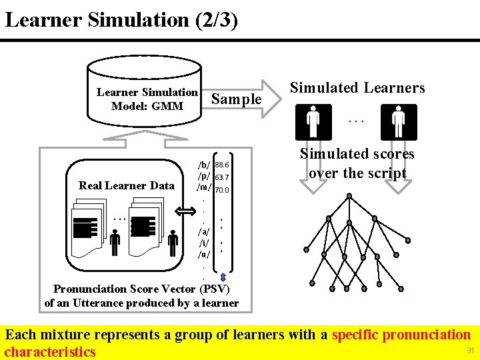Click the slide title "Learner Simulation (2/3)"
[x=121, y=19]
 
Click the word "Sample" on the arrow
[x=236, y=99]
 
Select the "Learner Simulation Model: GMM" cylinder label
[x=147, y=99]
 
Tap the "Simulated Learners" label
[x=357, y=88]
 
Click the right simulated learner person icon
[x=399, y=122]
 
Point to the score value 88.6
[x=222, y=165]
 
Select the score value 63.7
[x=222, y=177]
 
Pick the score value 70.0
[x=222, y=190]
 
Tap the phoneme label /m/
[x=204, y=189]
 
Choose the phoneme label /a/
[x=204, y=231]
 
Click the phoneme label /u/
[x=204, y=255]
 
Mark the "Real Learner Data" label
[x=126, y=185]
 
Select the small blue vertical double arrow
[x=223, y=277]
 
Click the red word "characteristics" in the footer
[x=50, y=351]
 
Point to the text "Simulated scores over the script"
[x=357, y=163]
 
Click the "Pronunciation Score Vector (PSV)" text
[x=141, y=289]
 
